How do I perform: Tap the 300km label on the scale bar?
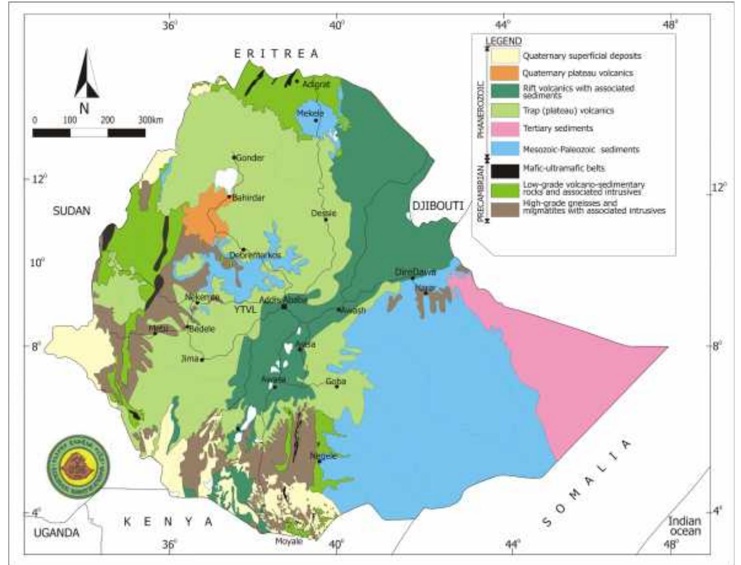tap(150, 120)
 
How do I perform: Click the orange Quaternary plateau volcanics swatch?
tap(504, 73)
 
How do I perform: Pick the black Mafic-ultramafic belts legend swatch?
tap(504, 169)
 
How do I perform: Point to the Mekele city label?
tap(310, 113)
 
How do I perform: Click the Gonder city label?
tap(250, 158)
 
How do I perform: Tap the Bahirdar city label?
tap(248, 198)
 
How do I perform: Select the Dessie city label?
tap(323, 213)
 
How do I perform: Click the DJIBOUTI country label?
tap(438, 206)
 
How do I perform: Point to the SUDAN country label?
tap(71, 211)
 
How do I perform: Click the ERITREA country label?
tap(276, 54)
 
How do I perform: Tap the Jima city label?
tap(190, 359)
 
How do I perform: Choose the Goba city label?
tap(336, 381)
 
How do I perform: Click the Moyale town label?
tap(289, 541)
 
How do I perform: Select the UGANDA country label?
tap(57, 533)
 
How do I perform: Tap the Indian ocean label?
tap(684, 526)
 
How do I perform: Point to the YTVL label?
tap(245, 310)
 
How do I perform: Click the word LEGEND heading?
tap(504, 41)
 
